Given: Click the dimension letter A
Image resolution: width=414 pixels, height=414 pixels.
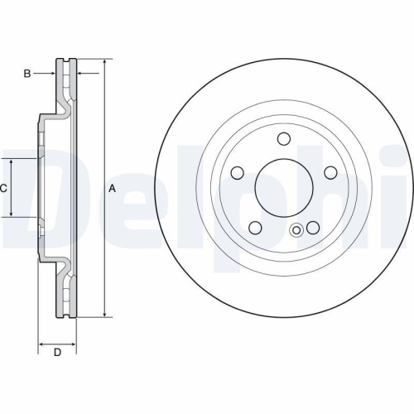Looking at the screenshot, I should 113,189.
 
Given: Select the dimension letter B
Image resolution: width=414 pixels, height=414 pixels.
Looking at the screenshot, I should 27,74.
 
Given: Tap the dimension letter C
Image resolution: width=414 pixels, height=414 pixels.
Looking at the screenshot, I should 4,189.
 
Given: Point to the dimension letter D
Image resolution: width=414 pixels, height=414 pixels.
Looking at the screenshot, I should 57,353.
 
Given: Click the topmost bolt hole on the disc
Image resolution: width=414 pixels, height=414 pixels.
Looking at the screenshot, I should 282,139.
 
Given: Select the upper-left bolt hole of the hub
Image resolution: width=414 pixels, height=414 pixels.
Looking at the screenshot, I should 237,173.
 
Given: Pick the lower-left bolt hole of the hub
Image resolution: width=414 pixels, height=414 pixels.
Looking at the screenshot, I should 255,228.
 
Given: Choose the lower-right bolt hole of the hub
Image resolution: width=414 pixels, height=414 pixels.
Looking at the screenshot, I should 312,228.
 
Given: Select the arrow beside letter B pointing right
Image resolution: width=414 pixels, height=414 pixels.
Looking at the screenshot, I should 51,74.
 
